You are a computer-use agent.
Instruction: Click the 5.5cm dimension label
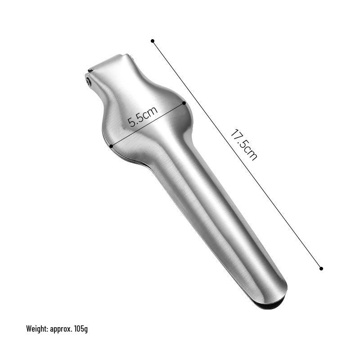coord(143,117)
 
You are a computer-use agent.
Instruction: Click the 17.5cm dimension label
coord(244,145)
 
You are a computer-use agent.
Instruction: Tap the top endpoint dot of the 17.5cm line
coord(153,41)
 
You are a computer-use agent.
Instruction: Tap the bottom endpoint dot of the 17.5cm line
coord(321,268)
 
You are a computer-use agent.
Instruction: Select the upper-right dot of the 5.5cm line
coord(184,103)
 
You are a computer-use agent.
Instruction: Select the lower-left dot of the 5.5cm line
coord(111,146)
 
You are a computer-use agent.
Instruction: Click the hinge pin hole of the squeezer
coord(88,81)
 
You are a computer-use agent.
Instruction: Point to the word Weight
coord(37,329)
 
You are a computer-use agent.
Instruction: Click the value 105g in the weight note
coord(81,329)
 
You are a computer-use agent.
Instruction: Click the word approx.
coord(61,329)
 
